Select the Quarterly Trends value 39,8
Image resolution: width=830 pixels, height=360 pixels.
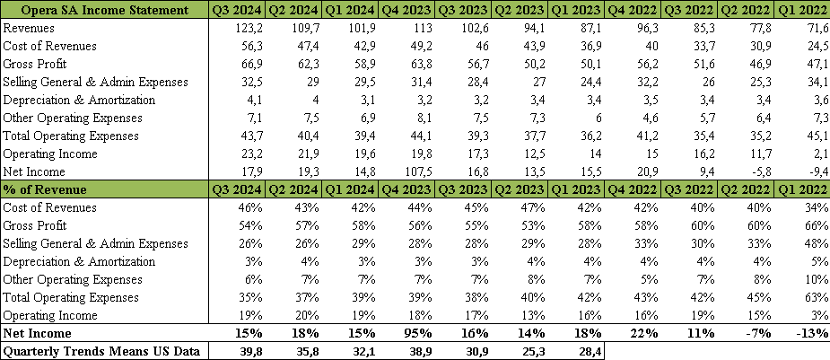(x=246, y=351)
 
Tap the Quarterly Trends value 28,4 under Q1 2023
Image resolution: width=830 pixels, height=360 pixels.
(x=589, y=351)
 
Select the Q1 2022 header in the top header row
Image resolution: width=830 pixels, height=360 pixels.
(x=800, y=10)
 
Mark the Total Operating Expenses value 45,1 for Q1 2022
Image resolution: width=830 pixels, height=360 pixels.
(x=811, y=136)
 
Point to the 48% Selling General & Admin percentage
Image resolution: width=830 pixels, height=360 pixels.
(x=813, y=243)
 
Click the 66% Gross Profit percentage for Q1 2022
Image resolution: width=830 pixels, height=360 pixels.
(x=813, y=225)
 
